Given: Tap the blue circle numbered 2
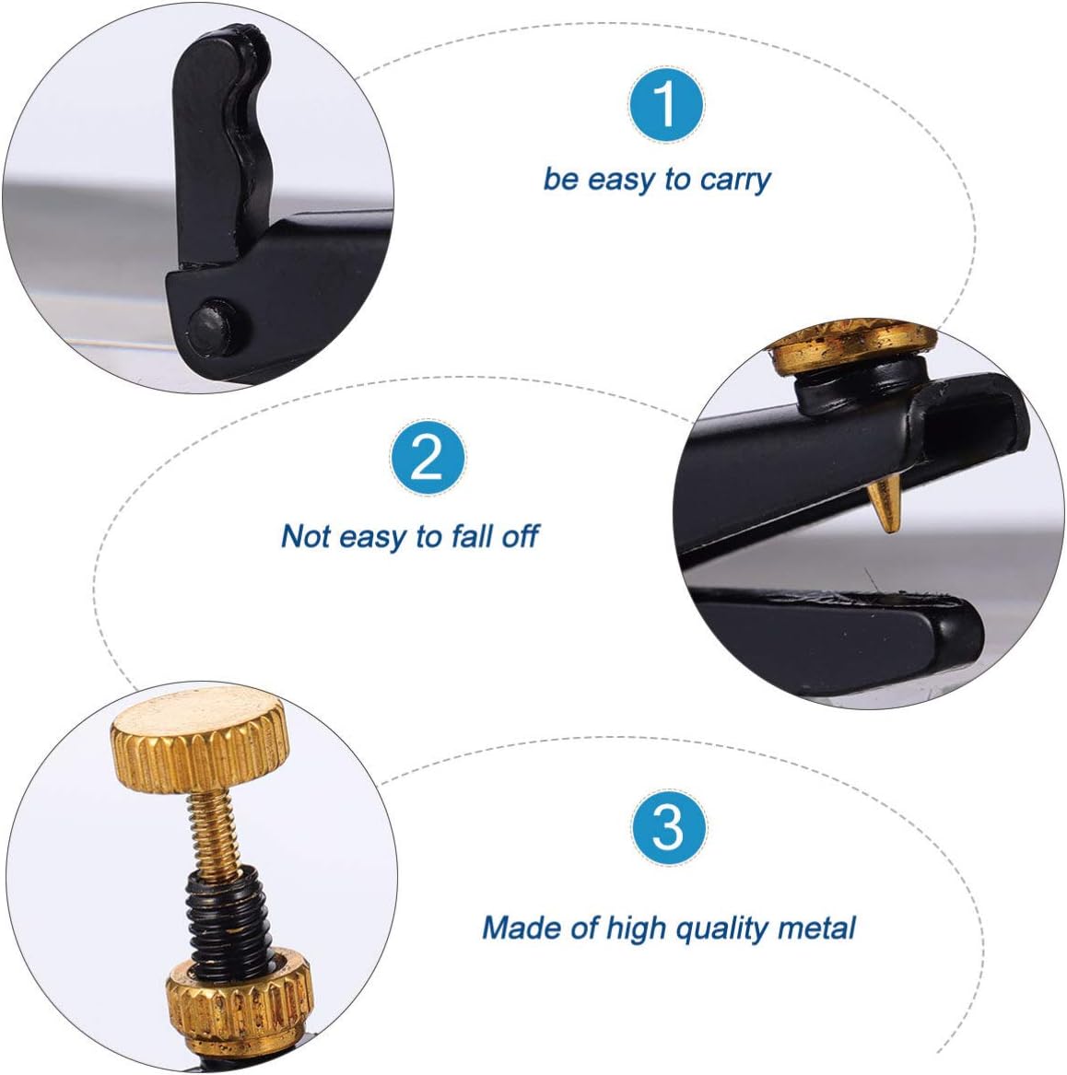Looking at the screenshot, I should coord(427,457).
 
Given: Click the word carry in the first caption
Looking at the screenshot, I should coord(734,179).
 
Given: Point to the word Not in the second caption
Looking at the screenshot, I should coord(305,535).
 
